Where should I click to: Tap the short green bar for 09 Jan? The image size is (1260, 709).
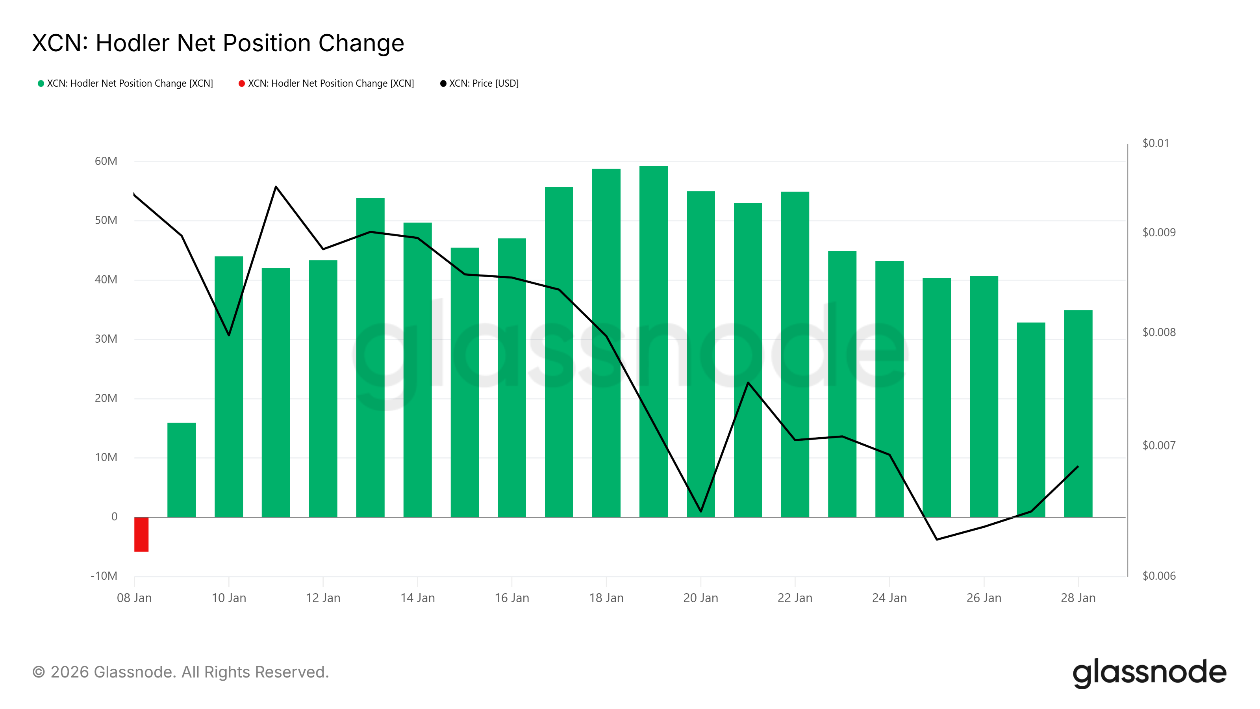click(x=182, y=470)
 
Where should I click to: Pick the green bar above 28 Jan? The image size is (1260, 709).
click(x=1078, y=414)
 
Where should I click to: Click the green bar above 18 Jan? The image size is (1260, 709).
click(x=606, y=343)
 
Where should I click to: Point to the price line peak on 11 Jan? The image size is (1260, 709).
click(x=276, y=187)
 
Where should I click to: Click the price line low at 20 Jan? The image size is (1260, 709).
click(x=700, y=511)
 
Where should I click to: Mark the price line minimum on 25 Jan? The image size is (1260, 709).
click(x=937, y=539)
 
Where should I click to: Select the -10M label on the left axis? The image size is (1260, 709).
click(x=104, y=576)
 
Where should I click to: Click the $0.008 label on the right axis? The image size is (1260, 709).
click(x=1159, y=332)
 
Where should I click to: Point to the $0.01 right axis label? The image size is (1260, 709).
click(x=1155, y=143)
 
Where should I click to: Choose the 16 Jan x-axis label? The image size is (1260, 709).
click(x=511, y=598)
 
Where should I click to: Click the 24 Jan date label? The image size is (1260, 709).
click(x=889, y=598)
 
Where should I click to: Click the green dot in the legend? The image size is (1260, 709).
click(x=41, y=84)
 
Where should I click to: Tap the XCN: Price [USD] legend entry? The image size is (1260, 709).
click(x=483, y=84)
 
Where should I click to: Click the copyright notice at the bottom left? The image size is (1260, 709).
click(x=180, y=672)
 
